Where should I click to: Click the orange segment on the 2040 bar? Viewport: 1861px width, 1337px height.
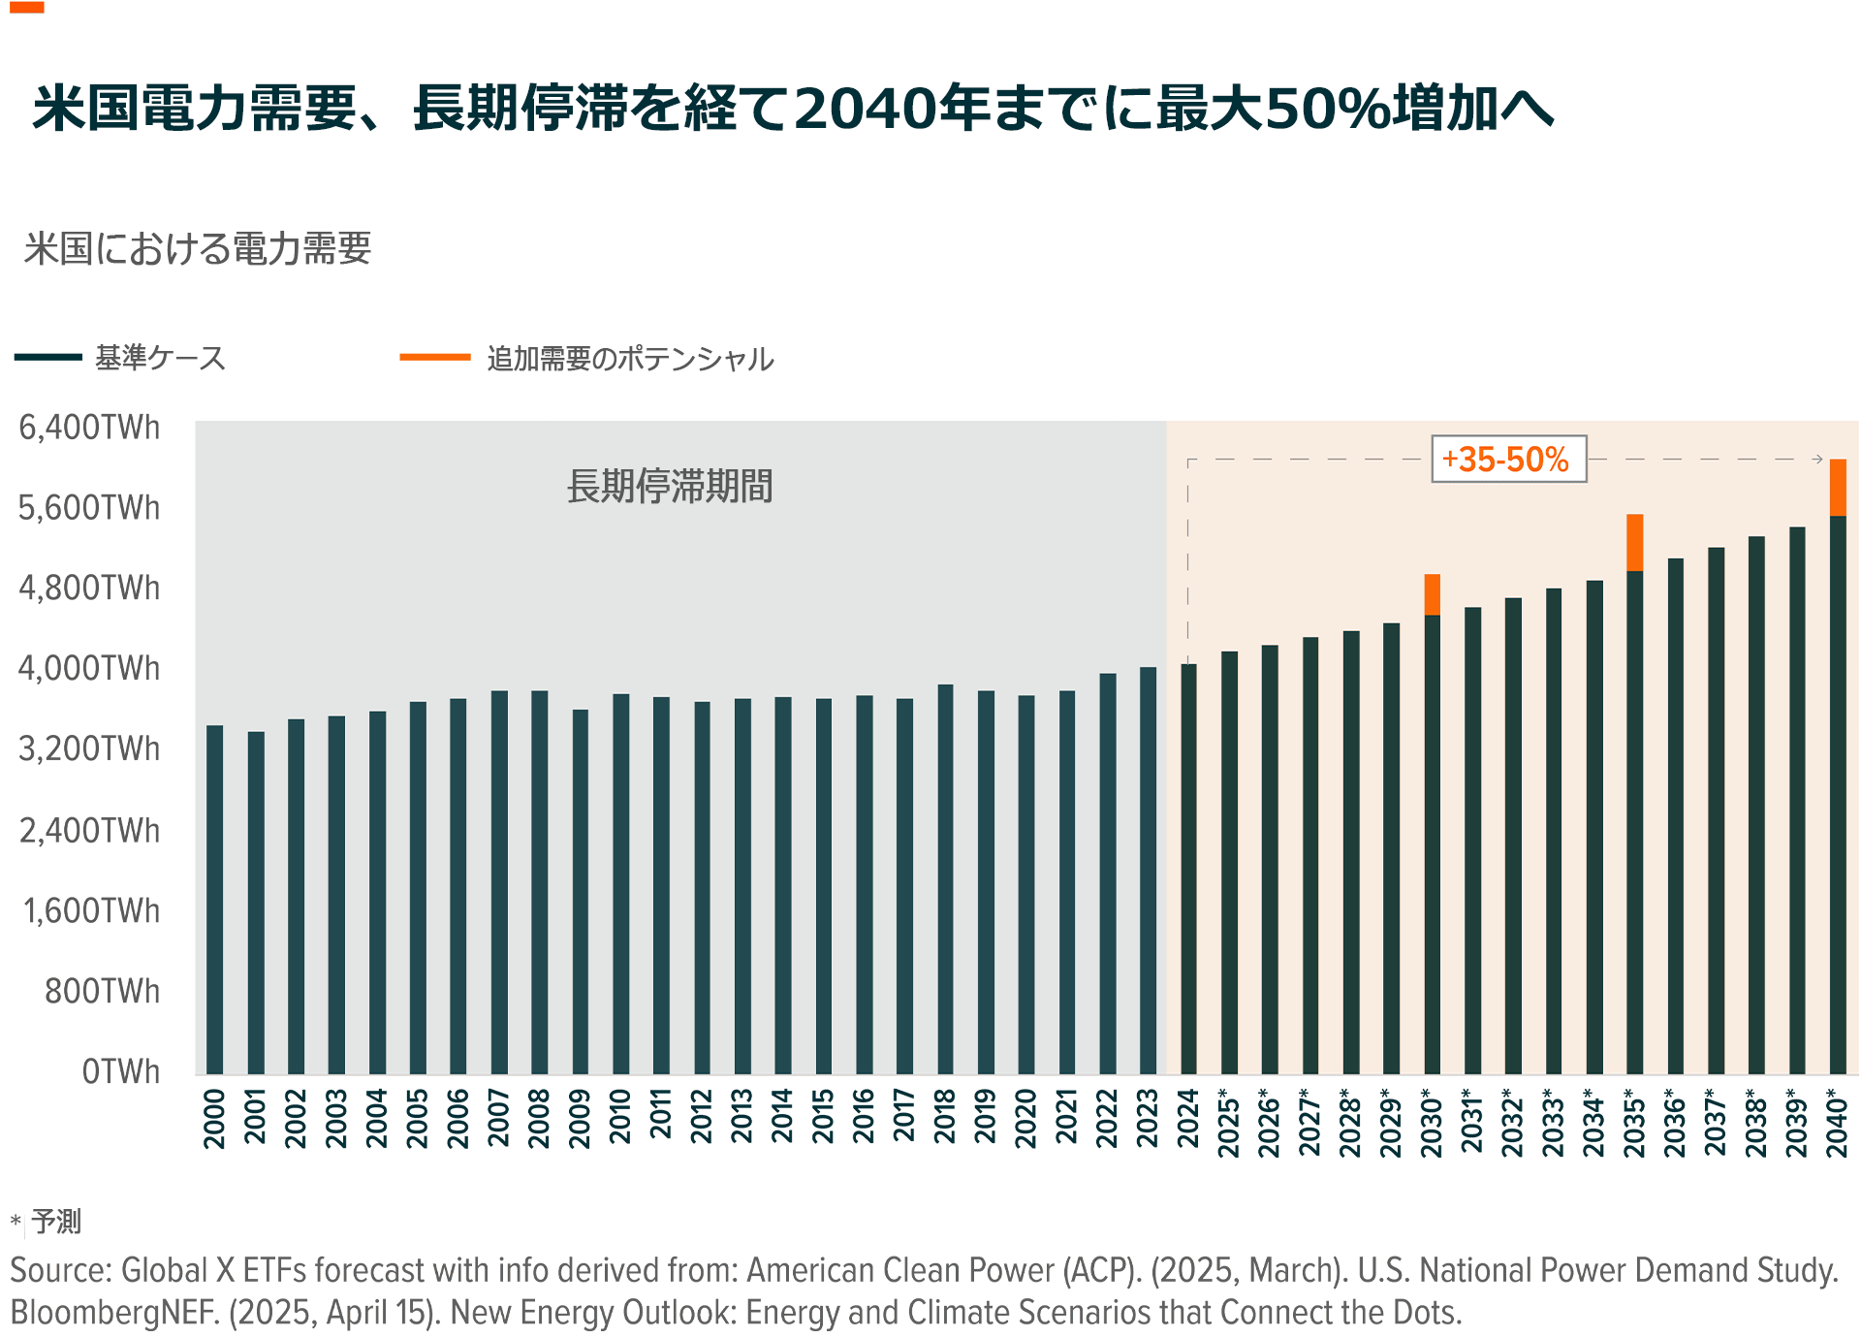(x=1838, y=488)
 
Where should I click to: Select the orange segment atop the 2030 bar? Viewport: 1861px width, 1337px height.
(x=1432, y=594)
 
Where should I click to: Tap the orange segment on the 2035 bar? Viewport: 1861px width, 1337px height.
(x=1635, y=543)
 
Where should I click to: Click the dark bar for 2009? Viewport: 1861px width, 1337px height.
(x=581, y=892)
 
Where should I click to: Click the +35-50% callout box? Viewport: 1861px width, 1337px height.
(x=1508, y=460)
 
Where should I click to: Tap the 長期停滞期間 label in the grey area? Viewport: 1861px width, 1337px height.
(x=670, y=487)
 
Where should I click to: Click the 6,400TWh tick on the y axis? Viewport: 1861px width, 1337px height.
(x=89, y=428)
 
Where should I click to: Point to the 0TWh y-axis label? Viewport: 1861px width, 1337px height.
(x=120, y=1071)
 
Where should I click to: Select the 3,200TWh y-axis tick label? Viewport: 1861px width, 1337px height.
(x=89, y=749)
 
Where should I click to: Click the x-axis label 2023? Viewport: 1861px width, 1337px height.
(x=1148, y=1118)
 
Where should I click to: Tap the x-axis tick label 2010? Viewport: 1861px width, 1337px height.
(x=620, y=1118)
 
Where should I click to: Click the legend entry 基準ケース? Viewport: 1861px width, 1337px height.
(x=160, y=358)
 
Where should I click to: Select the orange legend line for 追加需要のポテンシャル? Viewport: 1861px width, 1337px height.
(x=435, y=358)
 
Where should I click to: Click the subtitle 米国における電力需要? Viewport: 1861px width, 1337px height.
(x=198, y=249)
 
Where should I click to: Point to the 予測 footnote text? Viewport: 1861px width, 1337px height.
(x=56, y=1221)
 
